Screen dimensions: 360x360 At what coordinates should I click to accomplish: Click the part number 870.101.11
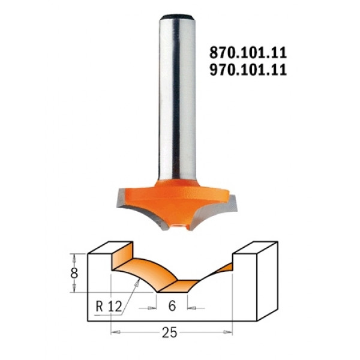(248, 53)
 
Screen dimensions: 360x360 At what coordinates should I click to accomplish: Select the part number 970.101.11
(248, 70)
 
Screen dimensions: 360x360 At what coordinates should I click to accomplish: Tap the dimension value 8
(74, 274)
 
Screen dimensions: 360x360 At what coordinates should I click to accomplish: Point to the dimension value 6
(172, 306)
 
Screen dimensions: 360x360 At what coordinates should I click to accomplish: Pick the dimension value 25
(170, 332)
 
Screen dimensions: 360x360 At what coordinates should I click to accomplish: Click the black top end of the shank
(177, 17)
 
